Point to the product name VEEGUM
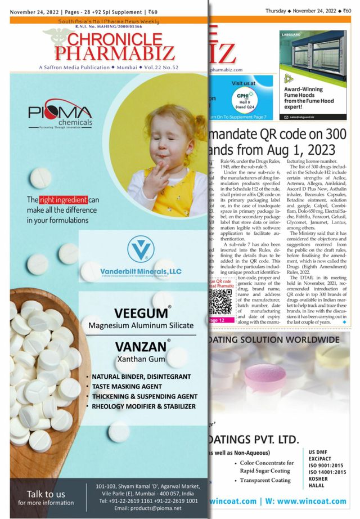pos(140,314)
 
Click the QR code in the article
pos(220,303)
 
